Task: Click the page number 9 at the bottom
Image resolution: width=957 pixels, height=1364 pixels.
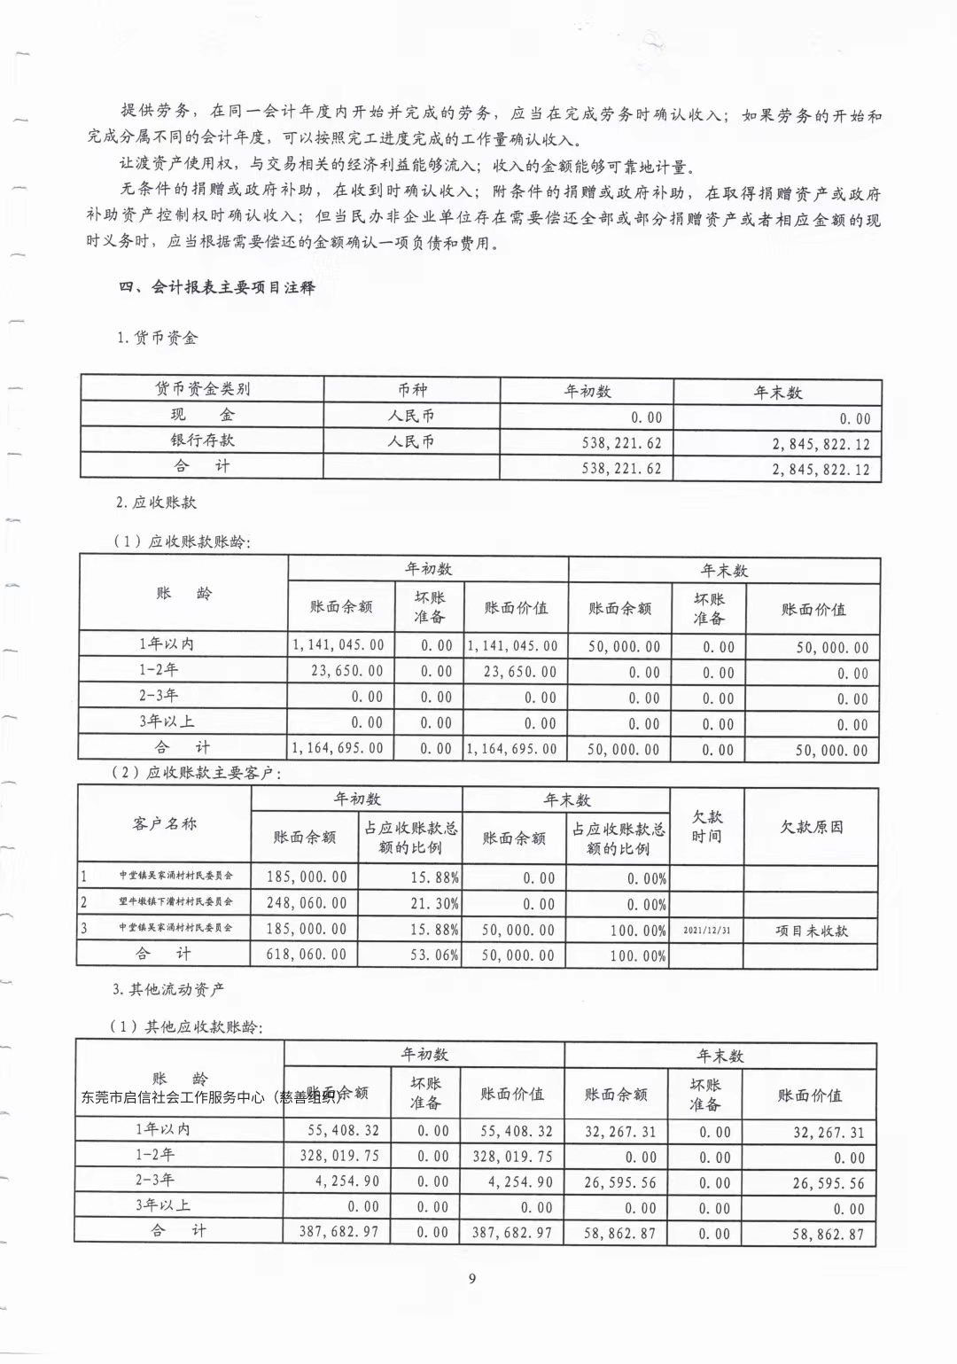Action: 472,1278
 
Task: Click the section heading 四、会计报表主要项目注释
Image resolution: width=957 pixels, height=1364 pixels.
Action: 217,287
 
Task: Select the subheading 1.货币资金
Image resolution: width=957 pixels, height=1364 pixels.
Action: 158,338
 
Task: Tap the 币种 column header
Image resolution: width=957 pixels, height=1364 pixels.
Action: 412,390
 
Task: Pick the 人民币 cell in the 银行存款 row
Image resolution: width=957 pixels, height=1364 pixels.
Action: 412,441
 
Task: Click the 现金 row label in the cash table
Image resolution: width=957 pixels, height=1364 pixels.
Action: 202,415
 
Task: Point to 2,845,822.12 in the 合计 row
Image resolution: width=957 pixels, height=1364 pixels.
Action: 821,469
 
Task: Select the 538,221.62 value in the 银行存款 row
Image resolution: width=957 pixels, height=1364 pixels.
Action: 621,443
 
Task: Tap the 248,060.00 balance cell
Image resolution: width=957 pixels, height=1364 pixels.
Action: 307,903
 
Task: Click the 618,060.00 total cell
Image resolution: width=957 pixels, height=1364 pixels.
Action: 307,955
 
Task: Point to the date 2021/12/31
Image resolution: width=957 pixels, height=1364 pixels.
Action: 707,931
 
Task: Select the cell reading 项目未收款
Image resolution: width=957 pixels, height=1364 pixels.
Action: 812,931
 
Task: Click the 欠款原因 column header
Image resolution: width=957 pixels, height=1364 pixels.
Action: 812,827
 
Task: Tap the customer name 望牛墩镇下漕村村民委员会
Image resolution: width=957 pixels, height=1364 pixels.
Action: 175,902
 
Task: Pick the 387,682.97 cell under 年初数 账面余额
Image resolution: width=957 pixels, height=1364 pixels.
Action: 338,1232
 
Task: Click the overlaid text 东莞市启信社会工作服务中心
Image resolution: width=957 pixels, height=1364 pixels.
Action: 173,1097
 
